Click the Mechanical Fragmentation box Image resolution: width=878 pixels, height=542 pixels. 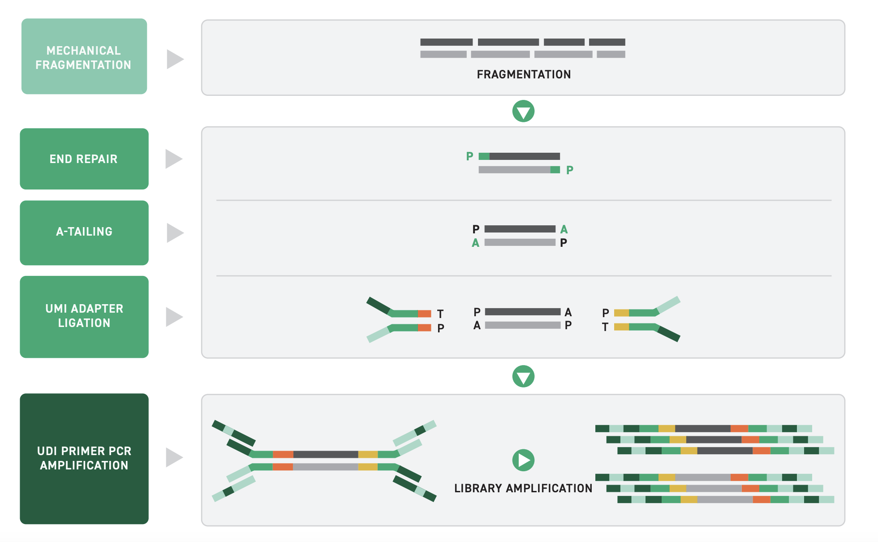(84, 56)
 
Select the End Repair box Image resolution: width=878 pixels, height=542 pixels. (84, 159)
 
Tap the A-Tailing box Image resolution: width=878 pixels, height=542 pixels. (84, 232)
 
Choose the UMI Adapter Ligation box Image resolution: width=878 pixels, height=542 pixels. (84, 316)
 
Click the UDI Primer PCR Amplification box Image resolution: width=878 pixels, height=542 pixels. (84, 458)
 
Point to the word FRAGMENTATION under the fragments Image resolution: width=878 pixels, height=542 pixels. (523, 74)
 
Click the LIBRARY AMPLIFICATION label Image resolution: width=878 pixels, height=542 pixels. (523, 488)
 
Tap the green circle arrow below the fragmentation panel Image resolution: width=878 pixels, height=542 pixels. (523, 111)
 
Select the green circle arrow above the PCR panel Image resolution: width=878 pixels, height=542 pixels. (523, 376)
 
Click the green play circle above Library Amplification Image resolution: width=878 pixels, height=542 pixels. (523, 460)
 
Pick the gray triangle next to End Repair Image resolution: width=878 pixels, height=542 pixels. (173, 159)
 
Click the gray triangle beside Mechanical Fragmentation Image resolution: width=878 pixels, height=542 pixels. (175, 59)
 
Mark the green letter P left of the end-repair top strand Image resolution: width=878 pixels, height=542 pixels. (469, 156)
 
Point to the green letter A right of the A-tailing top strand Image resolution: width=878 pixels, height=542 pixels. (564, 229)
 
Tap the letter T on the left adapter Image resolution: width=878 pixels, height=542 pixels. (440, 314)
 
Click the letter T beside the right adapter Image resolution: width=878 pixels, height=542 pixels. (605, 327)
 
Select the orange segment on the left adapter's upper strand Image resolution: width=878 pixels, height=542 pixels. (424, 314)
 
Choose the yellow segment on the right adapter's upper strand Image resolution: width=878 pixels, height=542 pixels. (621, 313)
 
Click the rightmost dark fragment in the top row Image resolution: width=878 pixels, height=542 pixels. (607, 42)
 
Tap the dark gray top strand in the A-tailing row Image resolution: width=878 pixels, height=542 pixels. (520, 229)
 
